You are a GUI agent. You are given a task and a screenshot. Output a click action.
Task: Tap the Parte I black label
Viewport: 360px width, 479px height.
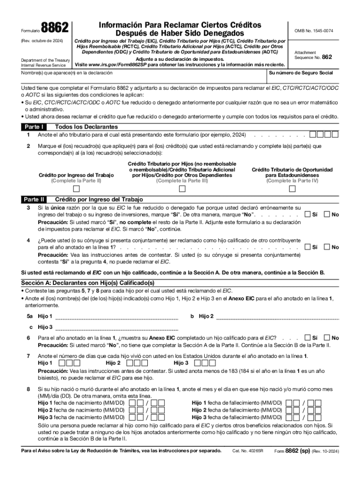coord(33,127)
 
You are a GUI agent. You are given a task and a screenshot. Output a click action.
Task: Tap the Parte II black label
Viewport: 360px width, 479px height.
coord(34,199)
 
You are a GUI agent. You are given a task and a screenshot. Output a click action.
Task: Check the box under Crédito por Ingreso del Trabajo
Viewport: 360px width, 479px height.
coord(76,189)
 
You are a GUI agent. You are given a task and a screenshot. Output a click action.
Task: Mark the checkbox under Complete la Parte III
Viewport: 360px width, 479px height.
coord(182,189)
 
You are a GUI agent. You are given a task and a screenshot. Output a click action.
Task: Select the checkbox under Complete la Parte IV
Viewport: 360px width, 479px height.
coord(292,189)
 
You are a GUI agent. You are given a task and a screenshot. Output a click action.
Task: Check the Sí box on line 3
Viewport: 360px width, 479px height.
coord(308,214)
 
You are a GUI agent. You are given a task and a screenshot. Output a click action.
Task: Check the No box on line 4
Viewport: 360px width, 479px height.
coord(328,247)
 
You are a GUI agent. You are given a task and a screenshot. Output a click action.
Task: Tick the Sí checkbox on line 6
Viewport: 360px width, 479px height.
coord(308,338)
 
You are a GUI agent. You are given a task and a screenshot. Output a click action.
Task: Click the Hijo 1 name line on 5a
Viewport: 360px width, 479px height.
coord(117,317)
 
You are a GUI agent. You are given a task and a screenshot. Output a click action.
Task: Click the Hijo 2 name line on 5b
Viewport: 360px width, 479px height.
coord(278,317)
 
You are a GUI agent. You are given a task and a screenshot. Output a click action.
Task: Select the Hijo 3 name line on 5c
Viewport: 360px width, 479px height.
coord(117,327)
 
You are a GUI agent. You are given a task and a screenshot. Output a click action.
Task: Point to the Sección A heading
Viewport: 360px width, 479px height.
coord(87,283)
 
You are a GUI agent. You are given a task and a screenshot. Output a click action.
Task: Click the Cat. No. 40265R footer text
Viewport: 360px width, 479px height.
coord(248,451)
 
